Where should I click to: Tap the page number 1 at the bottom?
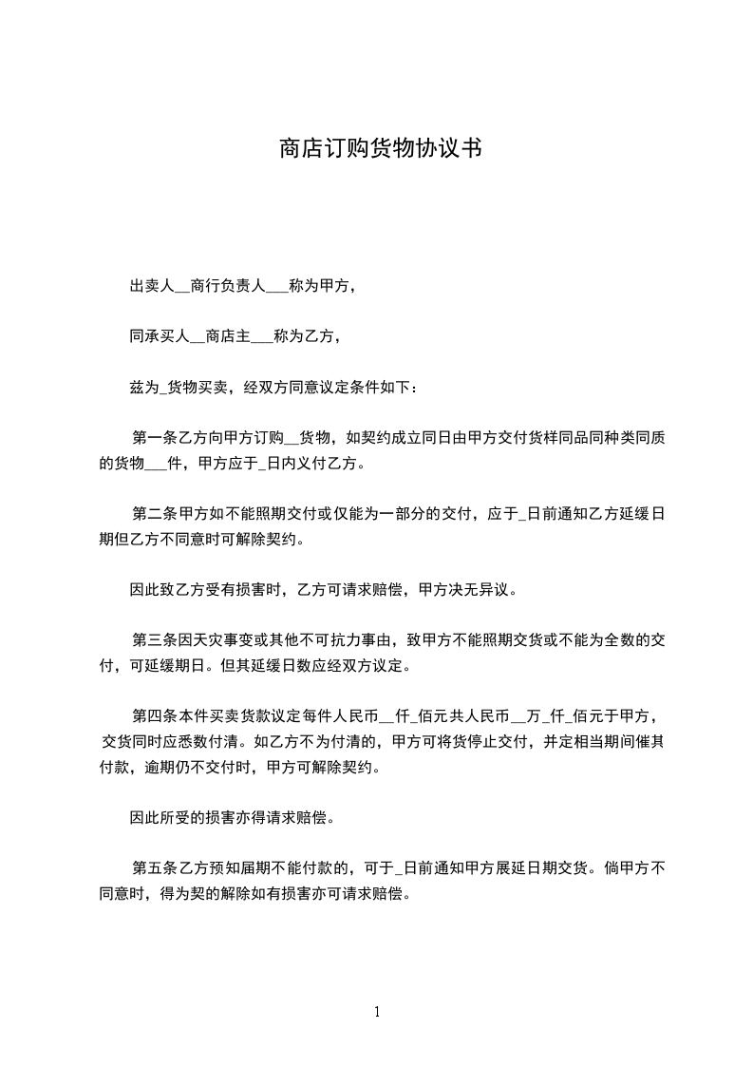(377, 1012)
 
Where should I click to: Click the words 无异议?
(489, 591)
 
